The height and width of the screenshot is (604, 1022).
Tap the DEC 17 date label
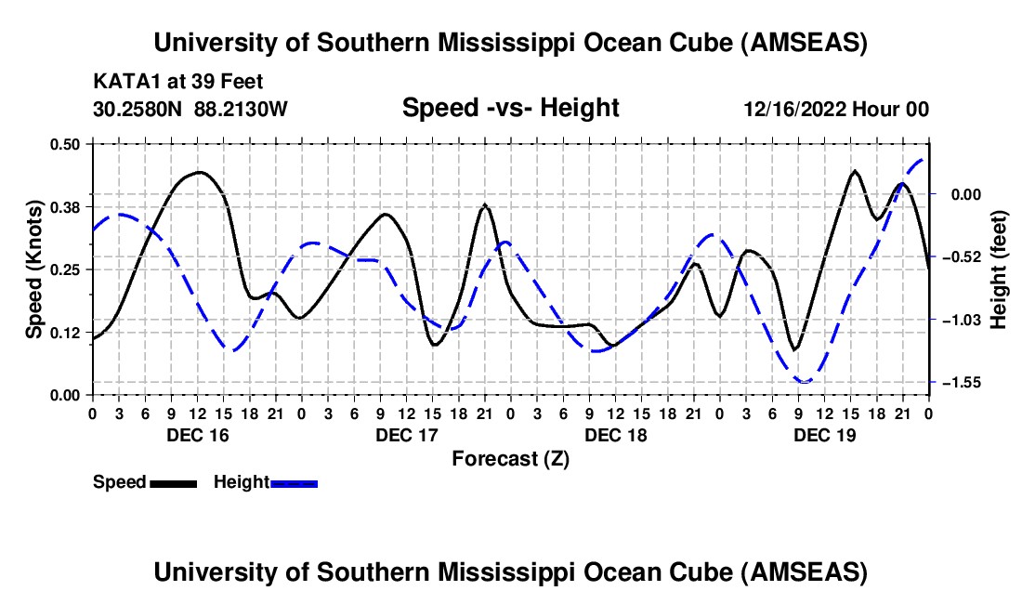click(x=406, y=434)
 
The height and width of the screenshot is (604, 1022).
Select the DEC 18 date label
click(x=615, y=434)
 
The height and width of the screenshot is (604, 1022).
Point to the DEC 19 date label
click(x=824, y=434)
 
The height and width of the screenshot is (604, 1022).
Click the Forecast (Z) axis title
click(x=510, y=458)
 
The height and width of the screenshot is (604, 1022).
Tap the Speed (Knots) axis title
click(x=33, y=269)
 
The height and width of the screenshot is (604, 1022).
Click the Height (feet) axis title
click(x=999, y=269)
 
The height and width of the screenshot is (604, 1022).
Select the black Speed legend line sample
click(x=172, y=483)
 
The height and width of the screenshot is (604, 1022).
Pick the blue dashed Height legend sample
click(x=294, y=483)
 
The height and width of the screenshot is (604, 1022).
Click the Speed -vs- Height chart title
click(x=510, y=109)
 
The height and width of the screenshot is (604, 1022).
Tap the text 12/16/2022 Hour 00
click(x=836, y=110)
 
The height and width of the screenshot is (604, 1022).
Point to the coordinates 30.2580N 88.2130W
click(x=190, y=110)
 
